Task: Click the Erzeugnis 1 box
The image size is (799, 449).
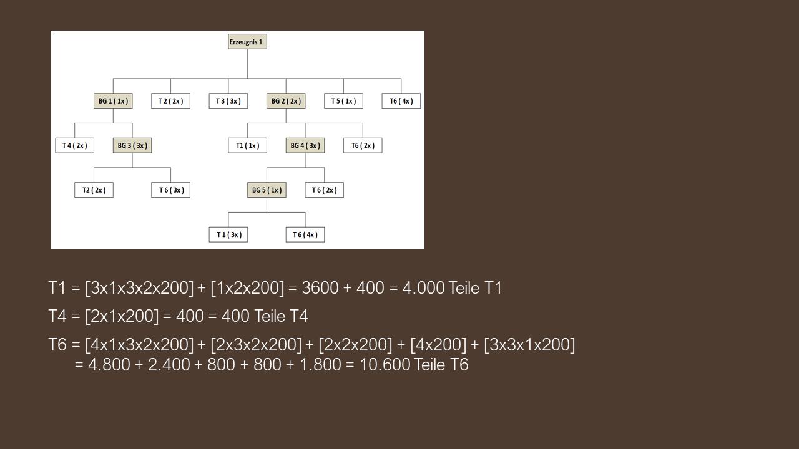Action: [247, 42]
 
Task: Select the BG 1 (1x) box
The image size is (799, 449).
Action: [113, 101]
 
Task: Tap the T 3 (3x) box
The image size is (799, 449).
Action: [228, 101]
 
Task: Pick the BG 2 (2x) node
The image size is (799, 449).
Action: [286, 101]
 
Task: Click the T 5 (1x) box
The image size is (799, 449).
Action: [343, 101]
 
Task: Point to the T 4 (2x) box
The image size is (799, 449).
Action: [74, 145]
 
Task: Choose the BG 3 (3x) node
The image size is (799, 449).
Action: [132, 145]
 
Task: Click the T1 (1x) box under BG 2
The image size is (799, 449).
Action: [248, 145]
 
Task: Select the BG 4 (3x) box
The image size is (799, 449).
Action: [305, 145]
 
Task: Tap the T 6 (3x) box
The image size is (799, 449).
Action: [170, 190]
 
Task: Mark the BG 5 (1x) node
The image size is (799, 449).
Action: [267, 190]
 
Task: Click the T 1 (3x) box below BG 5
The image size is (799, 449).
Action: [228, 234]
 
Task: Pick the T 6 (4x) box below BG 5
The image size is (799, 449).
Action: [305, 234]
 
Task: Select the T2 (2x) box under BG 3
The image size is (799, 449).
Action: [94, 190]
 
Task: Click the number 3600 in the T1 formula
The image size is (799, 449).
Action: [320, 288]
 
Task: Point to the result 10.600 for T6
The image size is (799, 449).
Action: [385, 365]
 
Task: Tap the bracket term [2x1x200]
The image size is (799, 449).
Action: [122, 316]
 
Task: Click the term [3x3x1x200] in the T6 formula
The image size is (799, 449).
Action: [529, 345]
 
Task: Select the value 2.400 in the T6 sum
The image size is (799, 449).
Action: [169, 365]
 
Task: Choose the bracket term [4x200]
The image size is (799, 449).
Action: [438, 345]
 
